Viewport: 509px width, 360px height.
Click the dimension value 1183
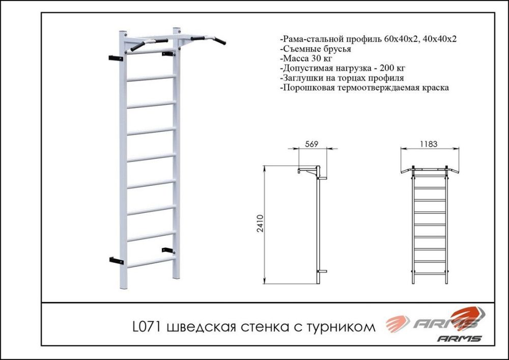(429, 144)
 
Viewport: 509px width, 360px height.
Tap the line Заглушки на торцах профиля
(342, 78)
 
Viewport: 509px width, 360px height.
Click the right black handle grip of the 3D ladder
(219, 39)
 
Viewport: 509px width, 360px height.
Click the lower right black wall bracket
(167, 250)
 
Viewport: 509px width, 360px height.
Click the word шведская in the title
(195, 326)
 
